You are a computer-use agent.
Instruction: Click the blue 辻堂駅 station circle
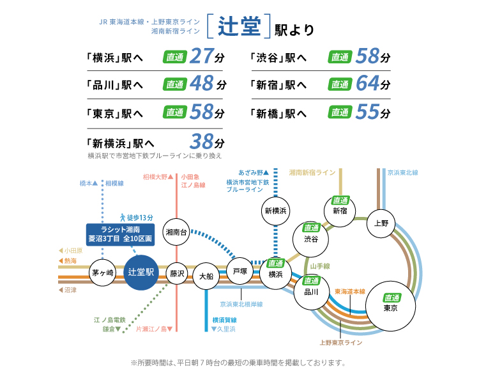(x=141, y=272)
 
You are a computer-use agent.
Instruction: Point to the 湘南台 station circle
(x=176, y=232)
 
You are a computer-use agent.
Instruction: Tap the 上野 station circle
(x=381, y=223)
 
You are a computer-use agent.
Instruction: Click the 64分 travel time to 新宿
(x=372, y=84)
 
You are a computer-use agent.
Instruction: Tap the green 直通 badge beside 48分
(x=175, y=84)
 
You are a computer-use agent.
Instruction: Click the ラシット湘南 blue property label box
(x=120, y=233)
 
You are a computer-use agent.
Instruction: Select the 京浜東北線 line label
(x=402, y=173)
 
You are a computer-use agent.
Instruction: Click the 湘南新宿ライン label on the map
(x=312, y=173)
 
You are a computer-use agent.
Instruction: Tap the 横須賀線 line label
(x=225, y=319)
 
